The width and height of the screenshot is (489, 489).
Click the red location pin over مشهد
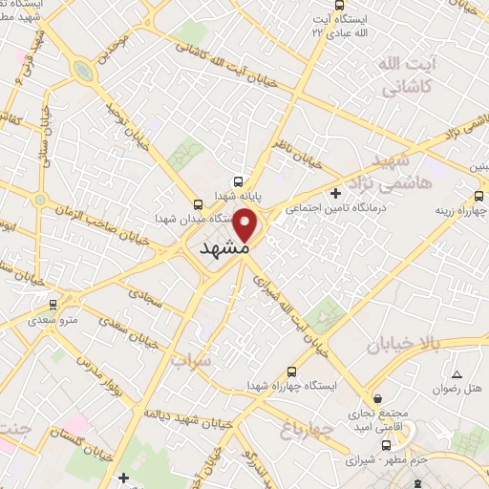coord(245,225)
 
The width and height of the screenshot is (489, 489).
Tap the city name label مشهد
coord(225,247)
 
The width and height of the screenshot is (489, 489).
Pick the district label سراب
coord(188,363)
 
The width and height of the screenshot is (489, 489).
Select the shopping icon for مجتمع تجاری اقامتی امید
coord(379,398)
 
